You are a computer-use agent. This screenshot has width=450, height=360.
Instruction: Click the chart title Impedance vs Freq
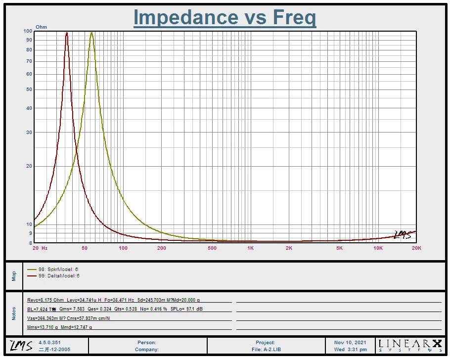pos(225,18)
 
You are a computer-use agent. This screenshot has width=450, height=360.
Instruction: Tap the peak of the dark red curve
pos(67,33)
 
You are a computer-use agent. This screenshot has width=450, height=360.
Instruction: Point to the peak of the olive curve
pos(91,33)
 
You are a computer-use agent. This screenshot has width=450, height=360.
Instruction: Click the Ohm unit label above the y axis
pos(41,27)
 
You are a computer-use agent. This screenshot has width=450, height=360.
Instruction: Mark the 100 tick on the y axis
pos(28,31)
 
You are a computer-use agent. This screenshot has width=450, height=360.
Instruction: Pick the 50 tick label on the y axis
pos(29,90)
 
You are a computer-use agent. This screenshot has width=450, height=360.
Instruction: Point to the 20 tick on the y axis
pos(29,166)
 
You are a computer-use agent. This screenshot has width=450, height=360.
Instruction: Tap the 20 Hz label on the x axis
pos(40,248)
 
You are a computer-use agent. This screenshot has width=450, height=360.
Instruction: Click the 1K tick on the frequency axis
pos(250,248)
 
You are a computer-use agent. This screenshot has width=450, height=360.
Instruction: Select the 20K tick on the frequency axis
pos(416,248)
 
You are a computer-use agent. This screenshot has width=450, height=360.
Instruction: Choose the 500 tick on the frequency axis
pos(212,248)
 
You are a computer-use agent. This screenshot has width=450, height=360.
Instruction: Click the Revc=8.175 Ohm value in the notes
pos(45,300)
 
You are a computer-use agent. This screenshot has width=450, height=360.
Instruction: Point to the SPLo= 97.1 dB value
pos(186,309)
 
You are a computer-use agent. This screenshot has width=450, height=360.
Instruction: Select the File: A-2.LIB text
pos(266,350)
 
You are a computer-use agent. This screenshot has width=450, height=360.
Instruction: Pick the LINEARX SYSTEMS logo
pos(410,345)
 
